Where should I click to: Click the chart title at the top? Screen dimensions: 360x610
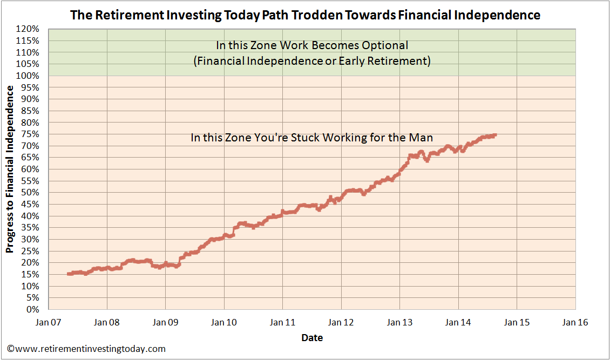(305, 15)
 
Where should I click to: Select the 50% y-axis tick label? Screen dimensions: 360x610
(31, 193)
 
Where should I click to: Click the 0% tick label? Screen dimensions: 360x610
(33, 310)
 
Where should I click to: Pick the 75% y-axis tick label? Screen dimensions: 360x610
(31, 134)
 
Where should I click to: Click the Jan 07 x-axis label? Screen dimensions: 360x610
(49, 323)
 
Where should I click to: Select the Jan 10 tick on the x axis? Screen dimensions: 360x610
(224, 323)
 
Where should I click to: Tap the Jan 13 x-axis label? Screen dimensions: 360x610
(399, 323)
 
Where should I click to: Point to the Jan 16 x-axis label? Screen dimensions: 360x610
(575, 323)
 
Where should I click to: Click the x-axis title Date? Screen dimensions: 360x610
(312, 338)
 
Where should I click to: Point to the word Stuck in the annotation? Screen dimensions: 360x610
(306, 138)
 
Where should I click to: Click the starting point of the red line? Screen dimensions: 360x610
(69, 274)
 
